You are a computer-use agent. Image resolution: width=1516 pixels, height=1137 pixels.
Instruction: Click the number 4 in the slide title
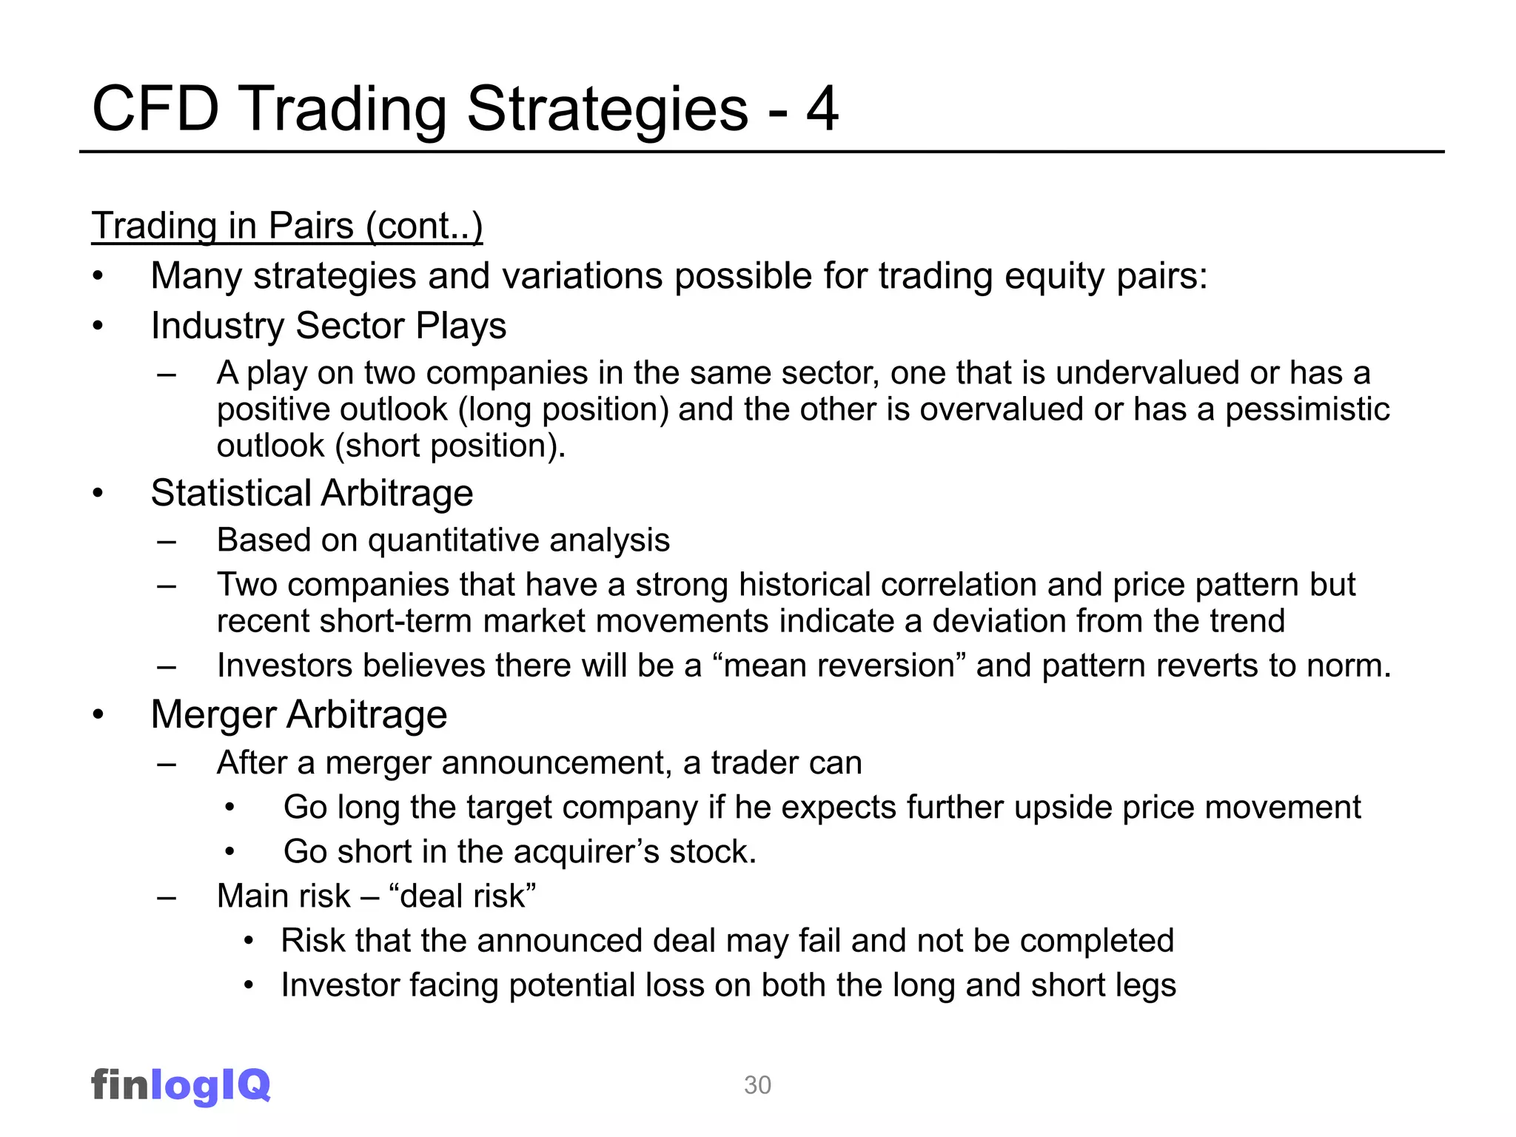(x=822, y=110)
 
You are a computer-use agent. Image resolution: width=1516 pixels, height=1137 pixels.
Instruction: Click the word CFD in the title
(x=155, y=110)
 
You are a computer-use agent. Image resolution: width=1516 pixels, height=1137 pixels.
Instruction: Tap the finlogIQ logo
(x=181, y=1085)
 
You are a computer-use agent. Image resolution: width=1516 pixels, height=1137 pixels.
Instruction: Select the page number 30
(x=757, y=1085)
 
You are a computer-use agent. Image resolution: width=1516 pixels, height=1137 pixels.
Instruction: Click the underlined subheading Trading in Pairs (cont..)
(x=286, y=226)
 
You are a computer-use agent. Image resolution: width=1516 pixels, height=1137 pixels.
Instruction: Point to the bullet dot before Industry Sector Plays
(x=98, y=326)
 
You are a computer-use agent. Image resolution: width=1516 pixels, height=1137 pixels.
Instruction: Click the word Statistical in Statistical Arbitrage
(x=231, y=493)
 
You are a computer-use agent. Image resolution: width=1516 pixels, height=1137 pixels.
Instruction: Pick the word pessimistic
(x=1307, y=409)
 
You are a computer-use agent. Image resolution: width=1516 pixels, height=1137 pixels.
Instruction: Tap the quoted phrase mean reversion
(x=839, y=665)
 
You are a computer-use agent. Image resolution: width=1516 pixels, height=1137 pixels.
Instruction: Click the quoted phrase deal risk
(x=462, y=896)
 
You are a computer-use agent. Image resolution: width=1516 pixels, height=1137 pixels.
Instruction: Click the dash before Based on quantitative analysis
(x=167, y=541)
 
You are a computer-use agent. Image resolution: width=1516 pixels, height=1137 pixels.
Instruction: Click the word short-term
(x=396, y=621)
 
